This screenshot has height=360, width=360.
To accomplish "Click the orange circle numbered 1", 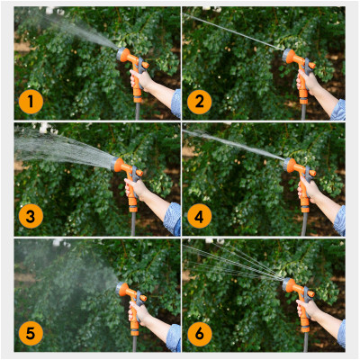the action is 31,102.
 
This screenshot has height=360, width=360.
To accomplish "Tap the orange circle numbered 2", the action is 200,102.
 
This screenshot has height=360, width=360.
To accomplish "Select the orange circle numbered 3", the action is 31,216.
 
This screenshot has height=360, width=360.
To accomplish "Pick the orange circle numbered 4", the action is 200,216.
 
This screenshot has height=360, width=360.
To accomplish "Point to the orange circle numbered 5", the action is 31,334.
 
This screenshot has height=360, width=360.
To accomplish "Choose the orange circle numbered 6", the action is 200,334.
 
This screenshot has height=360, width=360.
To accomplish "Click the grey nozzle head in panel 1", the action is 121,54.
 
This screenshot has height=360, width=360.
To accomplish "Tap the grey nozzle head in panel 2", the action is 287,56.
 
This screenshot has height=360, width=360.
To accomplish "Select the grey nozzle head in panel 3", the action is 115,164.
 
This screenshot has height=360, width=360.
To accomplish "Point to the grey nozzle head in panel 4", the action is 288,165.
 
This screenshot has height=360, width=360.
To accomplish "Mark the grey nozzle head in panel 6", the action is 287,285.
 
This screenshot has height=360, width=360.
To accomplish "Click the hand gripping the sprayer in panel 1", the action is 140,79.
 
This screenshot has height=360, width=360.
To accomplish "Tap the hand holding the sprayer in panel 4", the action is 309,189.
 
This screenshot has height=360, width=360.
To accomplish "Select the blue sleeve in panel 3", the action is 173,219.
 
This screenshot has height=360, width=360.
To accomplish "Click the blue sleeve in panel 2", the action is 339,111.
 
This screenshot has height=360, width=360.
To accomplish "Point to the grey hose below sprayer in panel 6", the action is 305,342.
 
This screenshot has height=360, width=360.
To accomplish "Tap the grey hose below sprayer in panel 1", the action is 138,111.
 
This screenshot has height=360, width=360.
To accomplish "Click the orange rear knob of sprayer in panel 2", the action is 312,65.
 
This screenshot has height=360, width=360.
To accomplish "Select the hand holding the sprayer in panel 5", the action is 139,313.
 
